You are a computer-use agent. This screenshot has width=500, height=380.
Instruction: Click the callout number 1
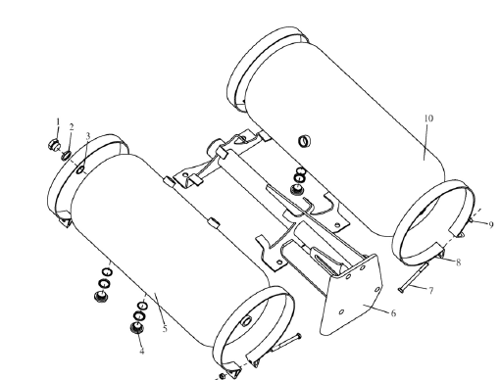58,122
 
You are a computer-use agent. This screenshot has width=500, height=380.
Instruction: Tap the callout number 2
72,127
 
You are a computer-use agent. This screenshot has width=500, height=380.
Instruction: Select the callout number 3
87,136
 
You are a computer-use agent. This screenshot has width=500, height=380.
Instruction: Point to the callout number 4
141,352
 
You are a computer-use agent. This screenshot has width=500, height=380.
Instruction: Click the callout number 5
165,329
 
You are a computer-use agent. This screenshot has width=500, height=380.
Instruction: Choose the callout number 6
393,313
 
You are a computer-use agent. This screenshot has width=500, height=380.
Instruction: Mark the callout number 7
431,290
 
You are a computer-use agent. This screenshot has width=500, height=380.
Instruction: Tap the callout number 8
459,262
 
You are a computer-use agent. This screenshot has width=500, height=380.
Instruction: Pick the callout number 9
491,225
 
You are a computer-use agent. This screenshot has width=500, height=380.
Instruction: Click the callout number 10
428,119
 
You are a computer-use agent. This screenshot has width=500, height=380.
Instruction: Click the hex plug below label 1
54,144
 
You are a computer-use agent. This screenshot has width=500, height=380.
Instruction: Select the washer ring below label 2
67,156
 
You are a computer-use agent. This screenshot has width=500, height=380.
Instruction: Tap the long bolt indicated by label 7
414,277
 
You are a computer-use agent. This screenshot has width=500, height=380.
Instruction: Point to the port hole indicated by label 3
80,169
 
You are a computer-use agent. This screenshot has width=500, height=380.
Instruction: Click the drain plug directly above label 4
137,328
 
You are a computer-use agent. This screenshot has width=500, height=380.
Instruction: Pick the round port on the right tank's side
305,141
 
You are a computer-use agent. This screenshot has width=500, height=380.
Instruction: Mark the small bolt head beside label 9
472,221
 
